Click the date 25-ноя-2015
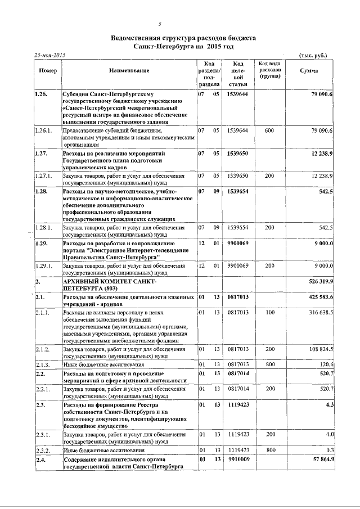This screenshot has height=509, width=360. pyautogui.click(x=50, y=55)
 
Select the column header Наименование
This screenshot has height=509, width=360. pyautogui.click(x=133, y=70)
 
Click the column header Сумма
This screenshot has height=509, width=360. pyautogui.click(x=309, y=70)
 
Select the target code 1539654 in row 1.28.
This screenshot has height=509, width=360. pyautogui.click(x=237, y=192)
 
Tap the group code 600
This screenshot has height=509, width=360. pyautogui.click(x=269, y=130)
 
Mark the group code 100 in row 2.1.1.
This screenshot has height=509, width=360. pyautogui.click(x=269, y=312)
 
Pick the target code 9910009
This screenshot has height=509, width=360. pyautogui.click(x=237, y=460)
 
